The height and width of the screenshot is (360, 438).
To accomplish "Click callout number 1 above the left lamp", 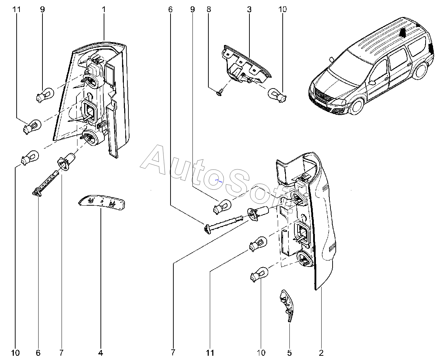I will tap(104, 9).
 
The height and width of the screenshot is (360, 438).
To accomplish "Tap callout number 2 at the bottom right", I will tap(321, 353).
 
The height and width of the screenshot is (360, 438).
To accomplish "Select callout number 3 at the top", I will tap(249, 9).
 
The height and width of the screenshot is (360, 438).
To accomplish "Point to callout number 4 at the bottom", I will tap(100, 353).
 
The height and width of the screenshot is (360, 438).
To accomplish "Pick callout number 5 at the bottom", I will tap(289, 353).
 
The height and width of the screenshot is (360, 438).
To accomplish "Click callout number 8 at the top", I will tap(209, 9).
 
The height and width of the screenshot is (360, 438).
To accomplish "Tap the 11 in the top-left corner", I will tap(16, 9).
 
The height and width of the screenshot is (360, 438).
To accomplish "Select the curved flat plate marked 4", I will tap(102, 202).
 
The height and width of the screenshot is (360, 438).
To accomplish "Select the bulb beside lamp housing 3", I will tap(277, 94).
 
